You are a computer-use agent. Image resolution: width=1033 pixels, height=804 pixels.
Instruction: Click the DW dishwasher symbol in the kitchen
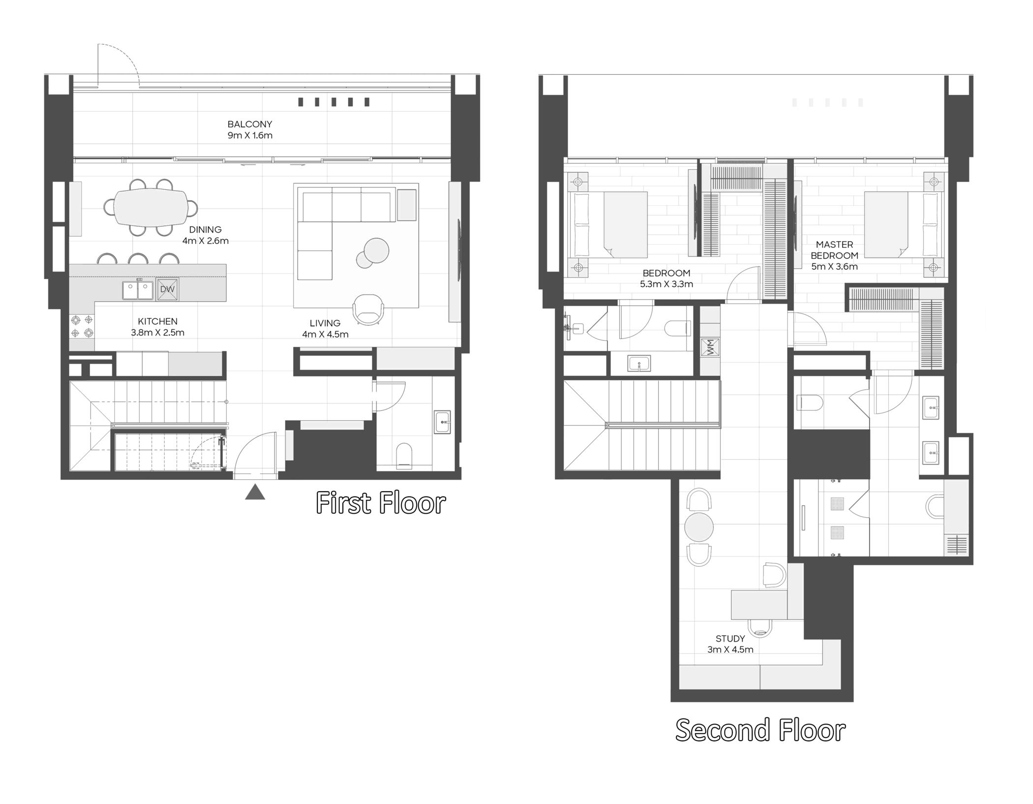point(167,289)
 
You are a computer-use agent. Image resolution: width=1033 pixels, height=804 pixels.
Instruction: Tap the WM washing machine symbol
point(710,347)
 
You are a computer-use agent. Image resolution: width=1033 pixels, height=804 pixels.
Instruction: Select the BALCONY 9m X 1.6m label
point(250,130)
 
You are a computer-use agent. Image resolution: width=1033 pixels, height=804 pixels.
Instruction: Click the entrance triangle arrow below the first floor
point(255,492)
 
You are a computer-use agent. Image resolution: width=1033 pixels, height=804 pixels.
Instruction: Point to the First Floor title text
point(381,503)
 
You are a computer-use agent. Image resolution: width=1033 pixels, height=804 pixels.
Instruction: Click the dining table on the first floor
point(151,207)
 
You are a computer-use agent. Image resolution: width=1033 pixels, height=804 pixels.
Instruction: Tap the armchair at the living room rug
point(368,309)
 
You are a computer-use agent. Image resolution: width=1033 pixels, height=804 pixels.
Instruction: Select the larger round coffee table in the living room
point(376,250)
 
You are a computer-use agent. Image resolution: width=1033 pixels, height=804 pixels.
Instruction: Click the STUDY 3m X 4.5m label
point(730,644)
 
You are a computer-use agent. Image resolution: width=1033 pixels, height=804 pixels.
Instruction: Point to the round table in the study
point(699,527)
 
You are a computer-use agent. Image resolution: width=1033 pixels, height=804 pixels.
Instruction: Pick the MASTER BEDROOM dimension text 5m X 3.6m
point(834,267)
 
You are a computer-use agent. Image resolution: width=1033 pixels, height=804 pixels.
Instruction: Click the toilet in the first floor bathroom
point(404,455)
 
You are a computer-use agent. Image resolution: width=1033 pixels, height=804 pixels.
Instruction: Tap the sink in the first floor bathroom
point(442,422)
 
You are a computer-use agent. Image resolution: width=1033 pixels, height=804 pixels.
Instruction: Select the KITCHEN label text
point(157,321)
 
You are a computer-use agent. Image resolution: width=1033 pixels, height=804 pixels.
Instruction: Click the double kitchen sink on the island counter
point(138,290)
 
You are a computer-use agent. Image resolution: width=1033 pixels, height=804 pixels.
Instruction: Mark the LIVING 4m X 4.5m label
point(325,329)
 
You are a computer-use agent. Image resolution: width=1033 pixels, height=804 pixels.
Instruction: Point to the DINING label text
point(205,229)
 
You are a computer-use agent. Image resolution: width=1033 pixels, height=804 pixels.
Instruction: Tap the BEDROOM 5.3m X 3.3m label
point(667,278)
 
